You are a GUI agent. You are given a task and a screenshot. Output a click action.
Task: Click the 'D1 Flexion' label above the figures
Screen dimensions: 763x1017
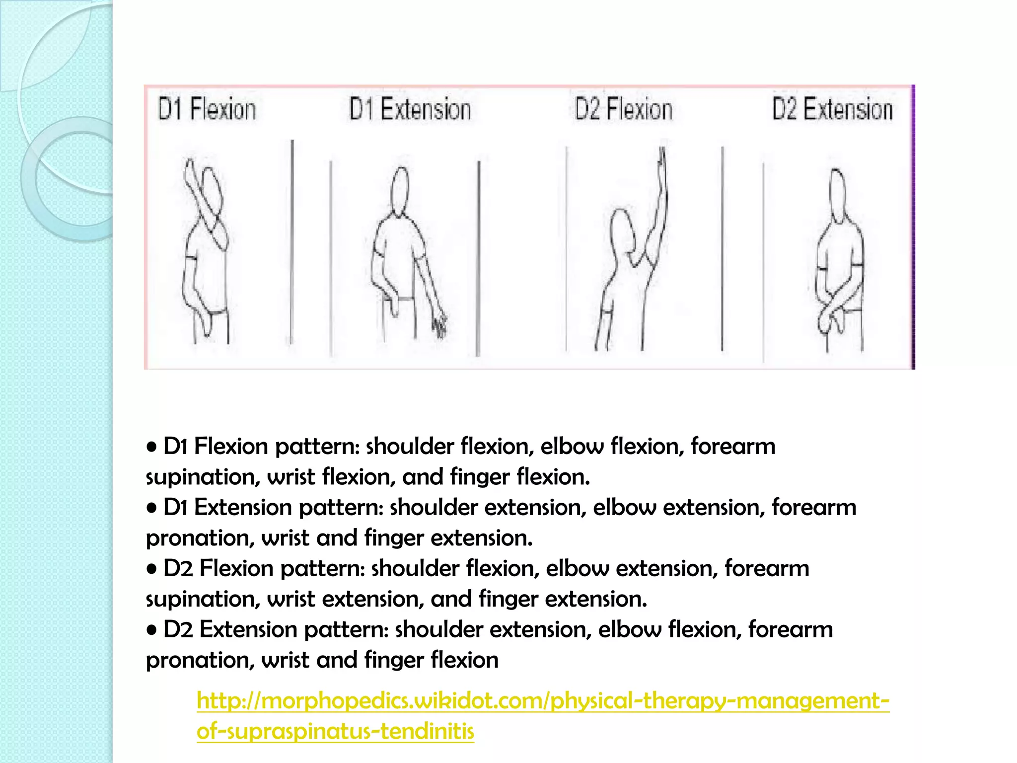[x=207, y=109]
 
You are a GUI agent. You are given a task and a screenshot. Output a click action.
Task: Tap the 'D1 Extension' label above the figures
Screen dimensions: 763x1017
[x=410, y=109]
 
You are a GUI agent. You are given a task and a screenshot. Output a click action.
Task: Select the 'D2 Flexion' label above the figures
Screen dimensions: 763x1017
[x=623, y=109]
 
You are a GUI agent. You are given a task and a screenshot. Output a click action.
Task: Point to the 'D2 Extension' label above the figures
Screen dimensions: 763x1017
[x=832, y=109]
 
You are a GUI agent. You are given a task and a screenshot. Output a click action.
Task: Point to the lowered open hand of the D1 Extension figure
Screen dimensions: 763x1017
[x=439, y=326]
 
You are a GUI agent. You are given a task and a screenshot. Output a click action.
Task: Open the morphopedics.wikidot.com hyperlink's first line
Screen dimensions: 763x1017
[x=543, y=701]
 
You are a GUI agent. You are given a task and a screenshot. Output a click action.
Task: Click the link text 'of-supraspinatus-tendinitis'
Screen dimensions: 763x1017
[x=335, y=732]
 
